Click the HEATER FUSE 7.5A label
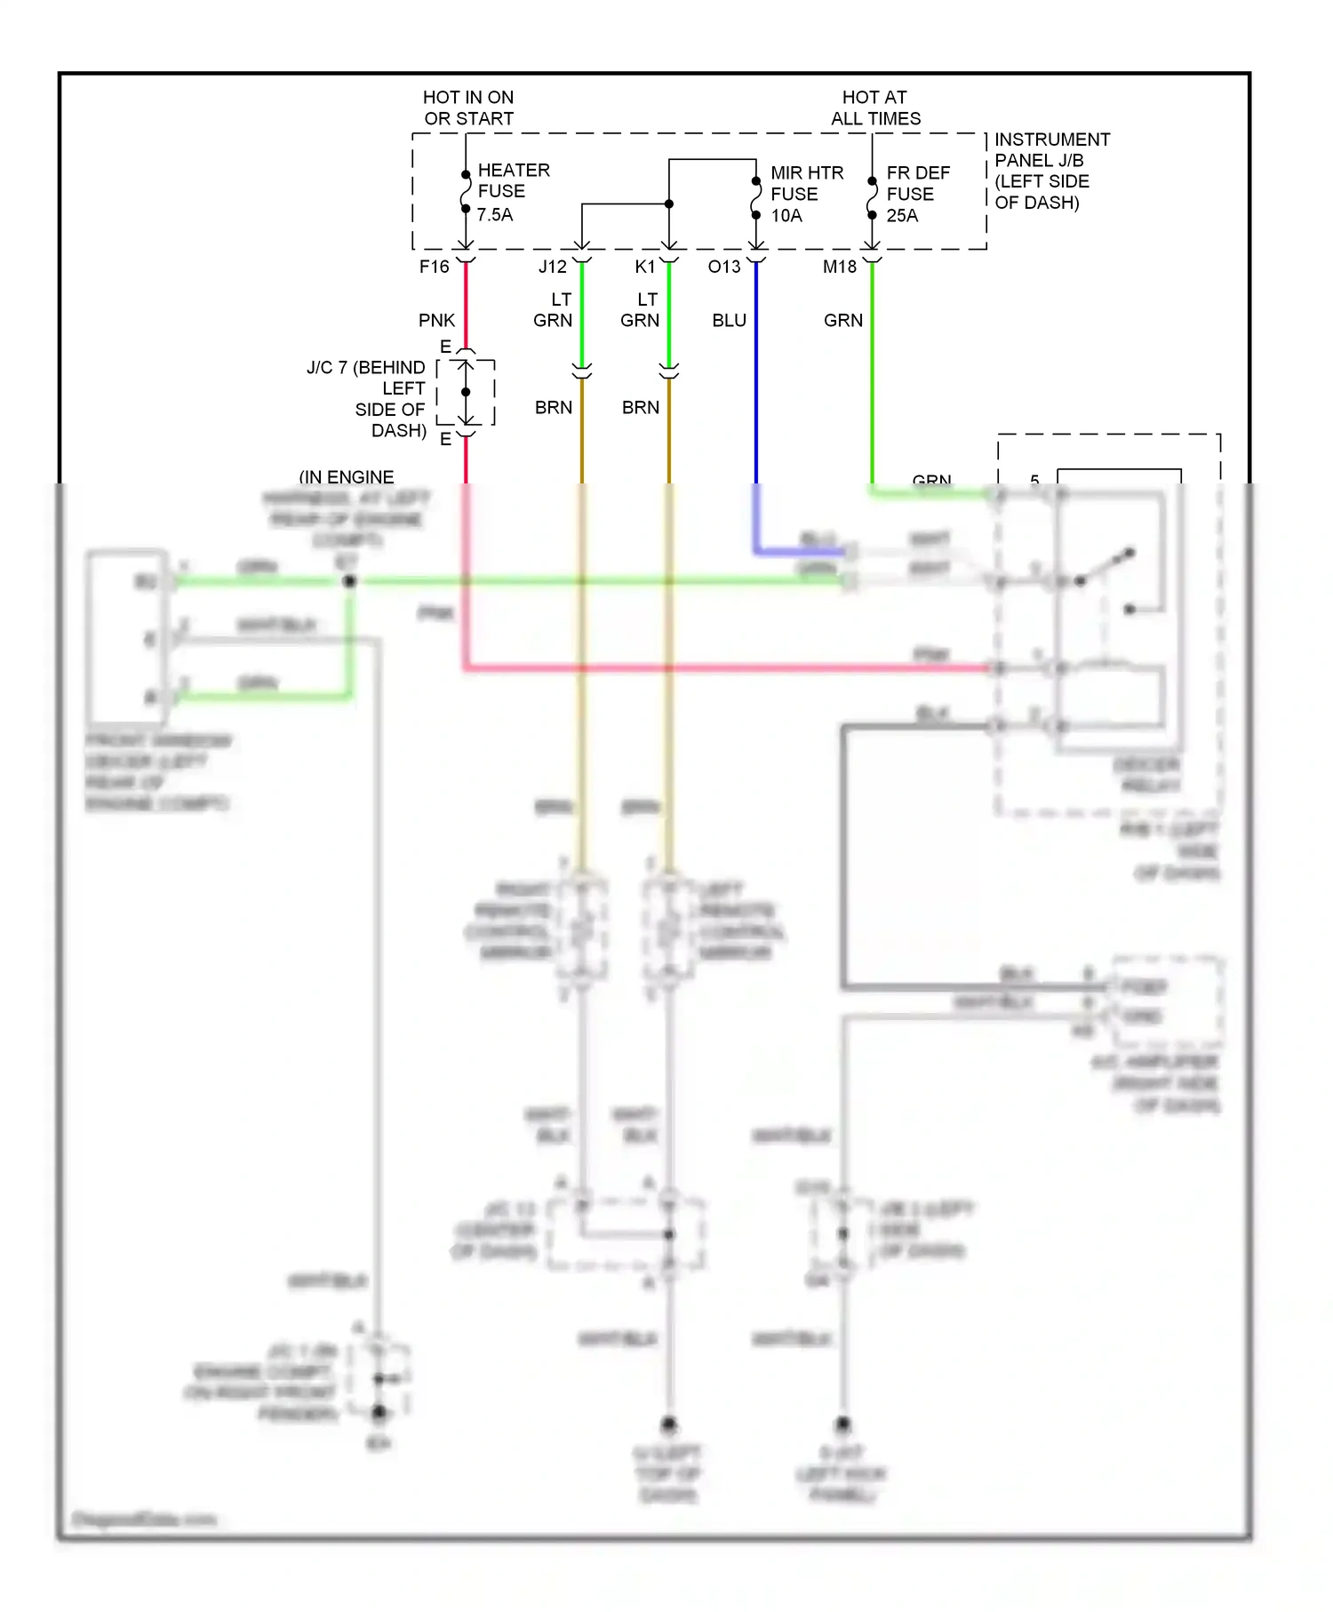pyautogui.click(x=513, y=192)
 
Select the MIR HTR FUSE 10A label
pyautogui.click(x=806, y=194)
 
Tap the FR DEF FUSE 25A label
pyautogui.click(x=917, y=194)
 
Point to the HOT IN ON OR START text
pyautogui.click(x=468, y=108)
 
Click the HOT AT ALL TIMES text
pyautogui.click(x=875, y=108)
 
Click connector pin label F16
pyautogui.click(x=435, y=267)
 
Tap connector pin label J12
pyautogui.click(x=552, y=267)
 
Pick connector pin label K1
pyautogui.click(x=645, y=267)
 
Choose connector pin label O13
pyautogui.click(x=724, y=267)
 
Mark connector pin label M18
pyautogui.click(x=840, y=267)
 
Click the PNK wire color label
pyautogui.click(x=436, y=320)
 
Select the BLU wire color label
pyautogui.click(x=729, y=320)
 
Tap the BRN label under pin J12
pyautogui.click(x=553, y=407)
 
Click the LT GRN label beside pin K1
pyautogui.click(x=640, y=310)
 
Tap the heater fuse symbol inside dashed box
pyautogui.click(x=466, y=192)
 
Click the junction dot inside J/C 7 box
pyautogui.click(x=466, y=392)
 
